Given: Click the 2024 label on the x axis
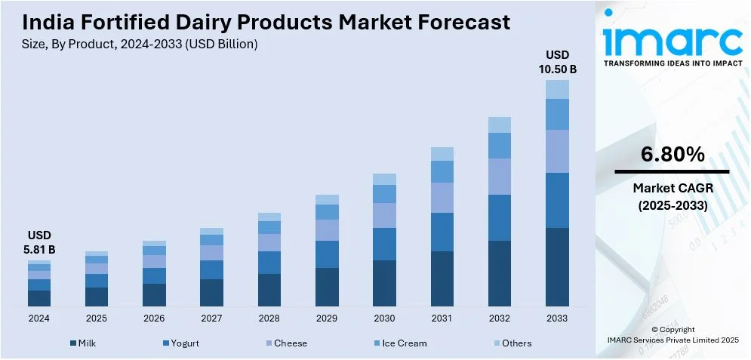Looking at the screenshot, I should click(38, 318).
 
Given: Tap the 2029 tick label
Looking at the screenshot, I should click(327, 318).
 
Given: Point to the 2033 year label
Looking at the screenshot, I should click(557, 318).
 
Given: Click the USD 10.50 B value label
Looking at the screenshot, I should click(557, 62).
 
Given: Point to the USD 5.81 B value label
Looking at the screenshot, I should click(38, 242).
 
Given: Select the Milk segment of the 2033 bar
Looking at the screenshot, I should click(557, 266).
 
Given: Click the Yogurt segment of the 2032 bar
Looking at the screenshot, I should click(500, 217).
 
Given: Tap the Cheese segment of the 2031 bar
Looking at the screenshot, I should click(442, 197).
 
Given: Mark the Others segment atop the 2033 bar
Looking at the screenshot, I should click(557, 89).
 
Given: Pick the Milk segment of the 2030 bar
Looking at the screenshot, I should click(384, 283).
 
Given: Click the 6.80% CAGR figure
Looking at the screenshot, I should click(673, 155).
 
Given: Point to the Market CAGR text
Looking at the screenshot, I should click(673, 187).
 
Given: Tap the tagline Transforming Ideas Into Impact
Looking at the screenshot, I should click(673, 63).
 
